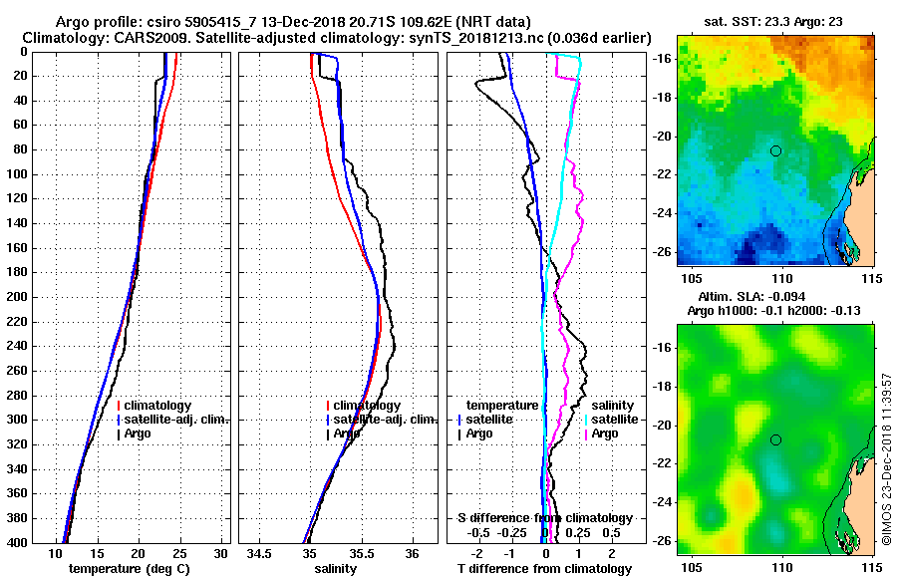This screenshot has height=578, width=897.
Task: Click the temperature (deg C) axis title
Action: pyautogui.click(x=129, y=569)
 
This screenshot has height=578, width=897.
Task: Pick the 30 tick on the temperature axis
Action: pyautogui.click(x=221, y=552)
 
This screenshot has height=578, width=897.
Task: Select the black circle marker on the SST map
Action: pyautogui.click(x=775, y=150)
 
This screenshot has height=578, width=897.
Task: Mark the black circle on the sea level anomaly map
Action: pyautogui.click(x=775, y=439)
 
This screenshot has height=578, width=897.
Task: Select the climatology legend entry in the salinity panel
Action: pyautogui.click(x=366, y=406)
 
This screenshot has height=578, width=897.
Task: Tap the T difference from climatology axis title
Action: pyautogui.click(x=544, y=569)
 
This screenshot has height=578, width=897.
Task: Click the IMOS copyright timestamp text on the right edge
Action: pyautogui.click(x=887, y=460)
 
